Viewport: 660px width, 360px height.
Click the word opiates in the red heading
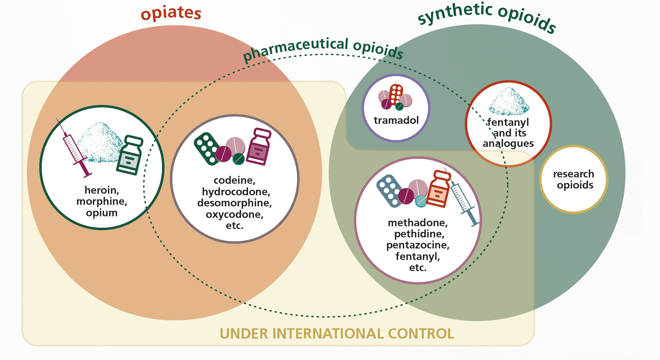171,13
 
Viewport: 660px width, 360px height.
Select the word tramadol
396,120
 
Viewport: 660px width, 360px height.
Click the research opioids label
573,179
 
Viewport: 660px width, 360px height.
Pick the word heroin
102,190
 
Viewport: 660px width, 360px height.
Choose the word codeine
235,181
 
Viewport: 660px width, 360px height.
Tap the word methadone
418,223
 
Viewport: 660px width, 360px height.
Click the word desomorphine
235,203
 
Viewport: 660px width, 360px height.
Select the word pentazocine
418,245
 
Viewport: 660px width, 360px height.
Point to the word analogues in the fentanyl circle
508,143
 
